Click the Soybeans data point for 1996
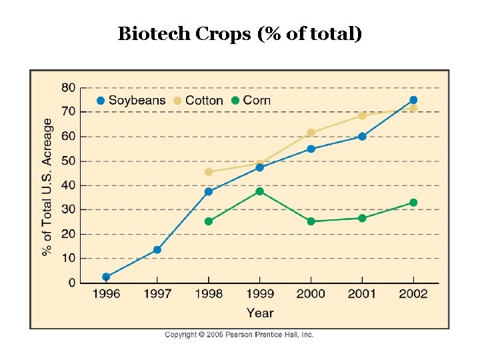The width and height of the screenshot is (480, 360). coord(106,277)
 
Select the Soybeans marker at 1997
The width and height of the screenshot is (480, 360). coord(157,250)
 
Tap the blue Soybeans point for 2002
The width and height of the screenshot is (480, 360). coord(413,100)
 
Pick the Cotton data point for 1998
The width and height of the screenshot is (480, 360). coord(209,172)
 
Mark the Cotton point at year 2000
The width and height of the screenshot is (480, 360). coord(311,133)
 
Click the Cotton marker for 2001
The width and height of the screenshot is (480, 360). coord(362,116)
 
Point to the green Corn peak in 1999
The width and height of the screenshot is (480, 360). coord(260,191)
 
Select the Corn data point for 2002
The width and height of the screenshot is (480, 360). coord(413,203)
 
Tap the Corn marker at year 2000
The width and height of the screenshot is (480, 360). coord(311,221)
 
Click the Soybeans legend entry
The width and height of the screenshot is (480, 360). coord(131,101)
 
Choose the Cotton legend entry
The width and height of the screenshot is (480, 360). coord(199,101)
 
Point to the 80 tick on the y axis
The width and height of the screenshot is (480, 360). coord(68,87)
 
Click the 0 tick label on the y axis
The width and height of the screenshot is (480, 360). coord(72,283)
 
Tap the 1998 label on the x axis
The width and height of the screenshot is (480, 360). coord(209,294)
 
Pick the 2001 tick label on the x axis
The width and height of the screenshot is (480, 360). coord(362,294)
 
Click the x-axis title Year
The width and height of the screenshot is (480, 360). coord(260,313)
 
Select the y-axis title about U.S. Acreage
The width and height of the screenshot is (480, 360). coord(47,187)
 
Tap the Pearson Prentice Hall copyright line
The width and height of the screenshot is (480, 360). coord(239,335)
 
